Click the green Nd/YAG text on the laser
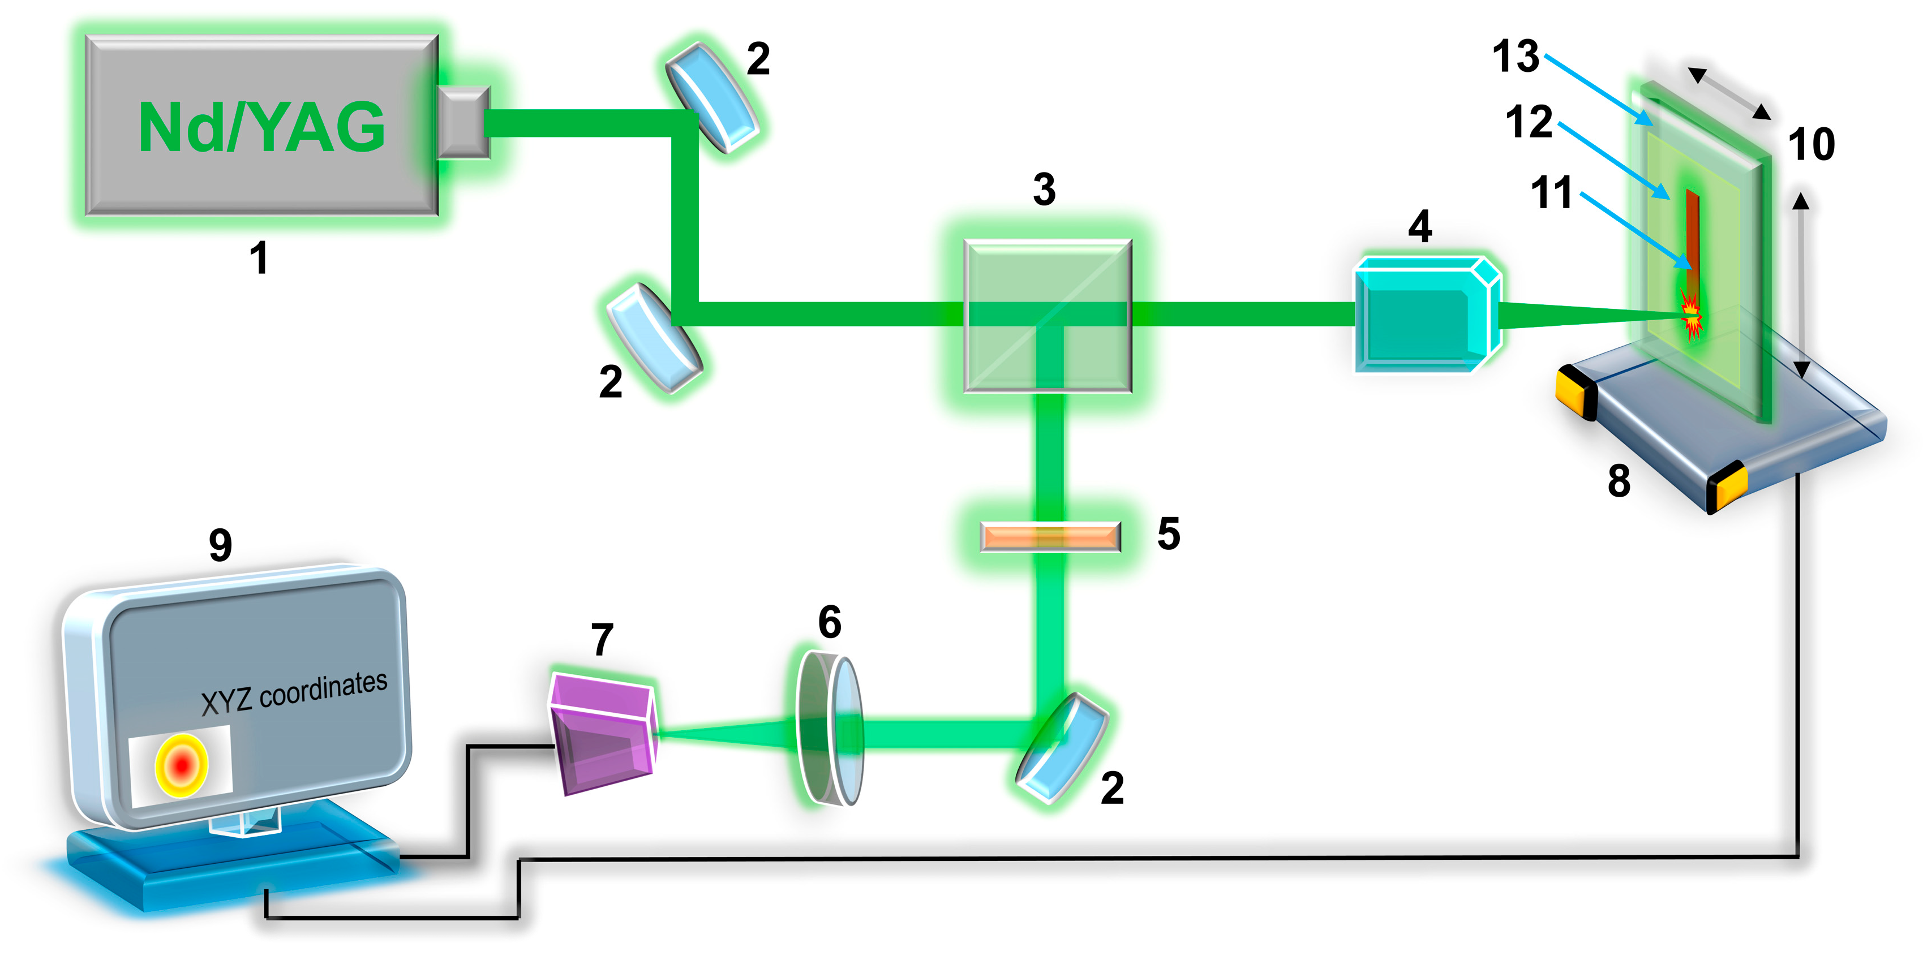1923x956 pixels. [x=261, y=127]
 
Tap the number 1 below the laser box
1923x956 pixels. [x=258, y=258]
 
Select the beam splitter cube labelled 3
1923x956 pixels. [x=1048, y=316]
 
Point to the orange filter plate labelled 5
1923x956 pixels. [x=1050, y=537]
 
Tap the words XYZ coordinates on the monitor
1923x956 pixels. [x=294, y=692]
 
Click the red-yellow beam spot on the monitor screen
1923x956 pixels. [x=181, y=765]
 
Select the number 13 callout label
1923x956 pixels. [x=1516, y=56]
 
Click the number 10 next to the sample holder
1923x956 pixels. [x=1811, y=144]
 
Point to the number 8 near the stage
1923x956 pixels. [x=1619, y=481]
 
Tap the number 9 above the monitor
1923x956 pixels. [x=220, y=545]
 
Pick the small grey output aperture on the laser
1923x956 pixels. [x=463, y=122]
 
